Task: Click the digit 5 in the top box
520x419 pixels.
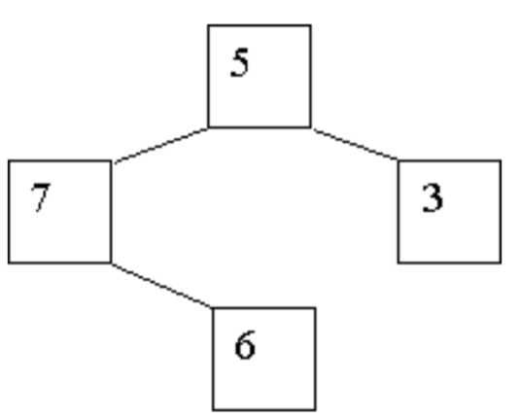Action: [239, 62]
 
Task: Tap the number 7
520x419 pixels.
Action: [40, 197]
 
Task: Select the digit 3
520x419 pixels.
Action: [433, 198]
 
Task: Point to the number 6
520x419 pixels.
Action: [245, 345]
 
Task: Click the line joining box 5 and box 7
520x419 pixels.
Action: [161, 145]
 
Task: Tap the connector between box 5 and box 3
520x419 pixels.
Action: [356, 144]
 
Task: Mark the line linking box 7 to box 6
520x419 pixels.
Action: [162, 286]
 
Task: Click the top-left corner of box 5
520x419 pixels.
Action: [208, 24]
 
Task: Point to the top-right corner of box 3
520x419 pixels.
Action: [502, 160]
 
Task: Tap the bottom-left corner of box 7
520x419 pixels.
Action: [9, 263]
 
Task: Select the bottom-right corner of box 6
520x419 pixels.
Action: [316, 410]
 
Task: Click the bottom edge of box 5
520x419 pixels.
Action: [260, 127]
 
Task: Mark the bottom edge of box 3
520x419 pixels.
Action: [449, 263]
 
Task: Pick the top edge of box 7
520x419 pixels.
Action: [59, 160]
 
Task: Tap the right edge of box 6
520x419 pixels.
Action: [316, 360]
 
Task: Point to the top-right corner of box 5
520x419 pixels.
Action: [311, 24]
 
